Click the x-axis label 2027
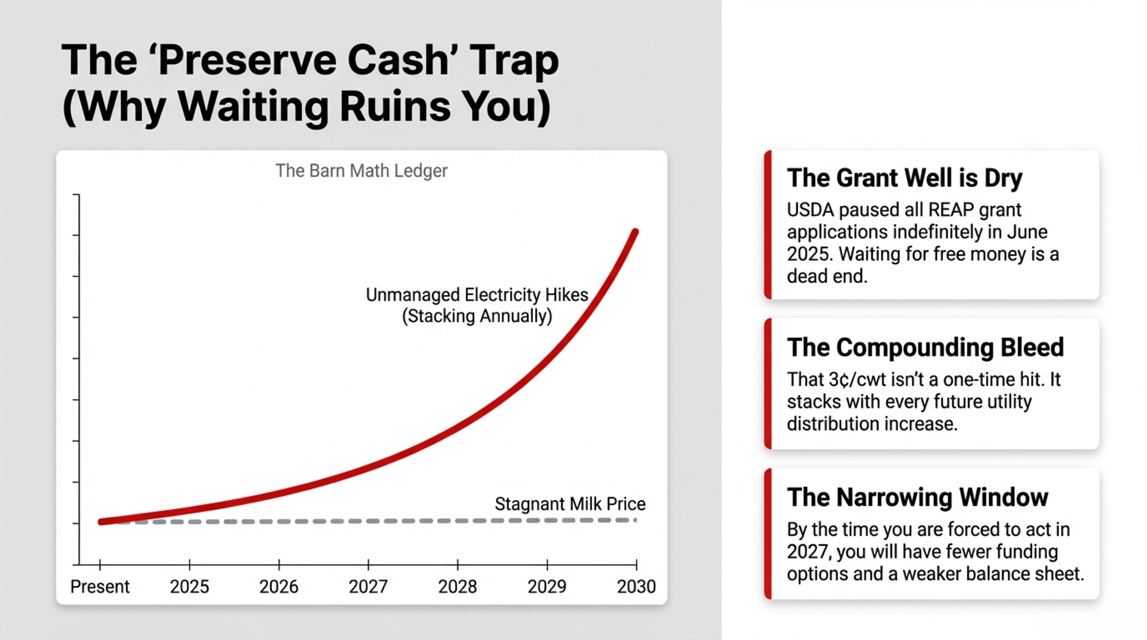click(368, 587)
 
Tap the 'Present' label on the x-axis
click(100, 587)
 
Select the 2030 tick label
click(636, 587)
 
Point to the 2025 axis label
click(189, 587)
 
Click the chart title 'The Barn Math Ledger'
click(361, 171)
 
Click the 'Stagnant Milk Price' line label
click(569, 504)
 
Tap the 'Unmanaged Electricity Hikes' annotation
click(477, 295)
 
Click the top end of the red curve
click(635, 232)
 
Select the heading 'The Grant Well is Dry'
click(904, 178)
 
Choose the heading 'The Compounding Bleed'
click(925, 348)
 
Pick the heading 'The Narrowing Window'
click(917, 497)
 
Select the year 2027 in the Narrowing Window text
click(809, 552)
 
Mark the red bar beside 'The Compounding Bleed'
click(768, 384)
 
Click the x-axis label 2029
click(547, 587)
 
